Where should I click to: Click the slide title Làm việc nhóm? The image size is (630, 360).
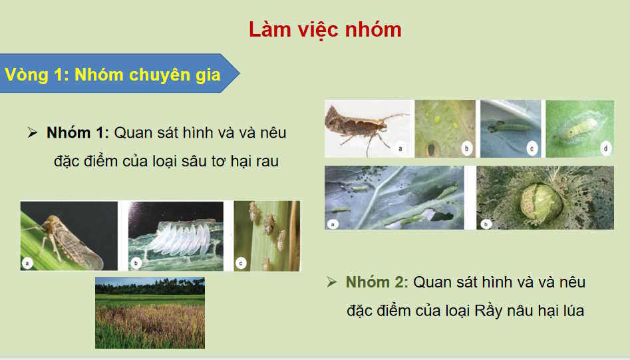pyautogui.click(x=325, y=30)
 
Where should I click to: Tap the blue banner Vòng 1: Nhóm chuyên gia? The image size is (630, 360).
pyautogui.click(x=113, y=75)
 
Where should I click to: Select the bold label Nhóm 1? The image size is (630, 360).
pyautogui.click(x=77, y=132)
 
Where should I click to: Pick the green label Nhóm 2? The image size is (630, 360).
pyautogui.click(x=376, y=282)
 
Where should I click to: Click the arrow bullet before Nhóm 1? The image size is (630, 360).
pyautogui.click(x=32, y=133)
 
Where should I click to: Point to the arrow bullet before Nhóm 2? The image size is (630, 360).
pyautogui.click(x=332, y=282)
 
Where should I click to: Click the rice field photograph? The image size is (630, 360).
pyautogui.click(x=150, y=313)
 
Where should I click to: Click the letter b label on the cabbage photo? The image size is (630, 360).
pyautogui.click(x=486, y=224)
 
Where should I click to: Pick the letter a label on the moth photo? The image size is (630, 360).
pyautogui.click(x=400, y=149)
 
